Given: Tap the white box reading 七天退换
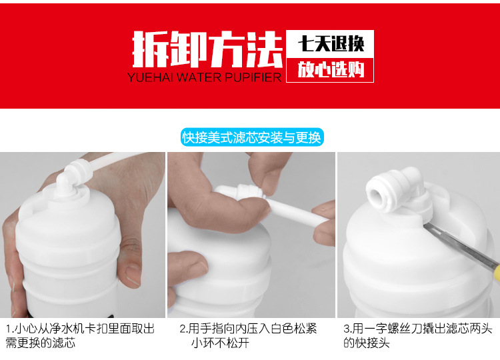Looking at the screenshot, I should click(330, 45).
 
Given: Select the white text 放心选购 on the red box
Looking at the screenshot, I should click(330, 69).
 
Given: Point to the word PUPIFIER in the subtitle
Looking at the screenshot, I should click(253, 77).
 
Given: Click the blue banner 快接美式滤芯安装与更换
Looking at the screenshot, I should click(251, 138).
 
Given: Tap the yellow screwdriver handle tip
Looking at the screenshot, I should click(495, 271).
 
